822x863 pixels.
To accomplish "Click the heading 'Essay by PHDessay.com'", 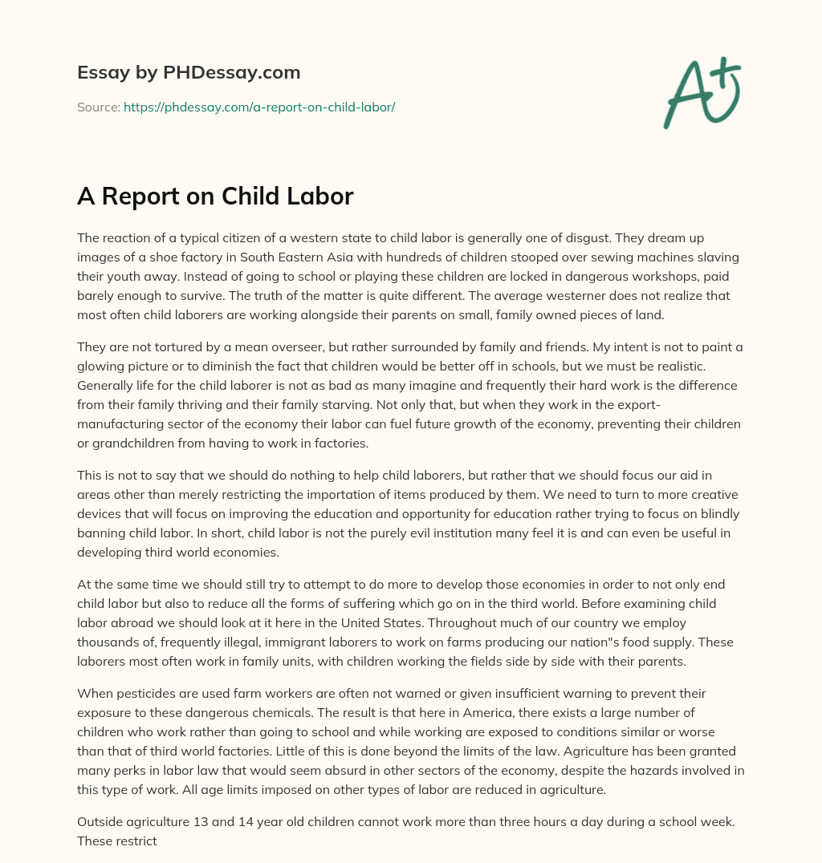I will pos(189,73).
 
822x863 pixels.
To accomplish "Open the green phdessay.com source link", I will pos(259,107).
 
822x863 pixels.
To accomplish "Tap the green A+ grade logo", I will pos(701,92).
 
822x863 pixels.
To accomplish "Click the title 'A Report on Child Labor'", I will pos(215,197).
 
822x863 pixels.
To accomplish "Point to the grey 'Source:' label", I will pos(99,107).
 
